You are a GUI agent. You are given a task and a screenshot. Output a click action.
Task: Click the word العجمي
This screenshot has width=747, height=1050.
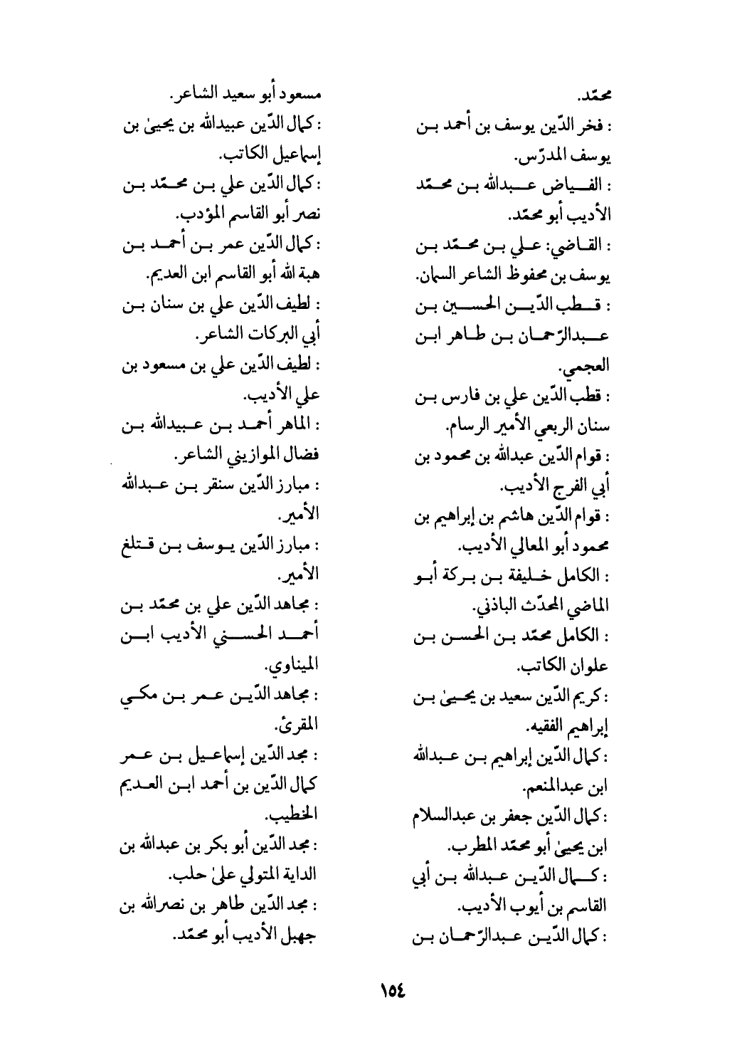coord(593,368)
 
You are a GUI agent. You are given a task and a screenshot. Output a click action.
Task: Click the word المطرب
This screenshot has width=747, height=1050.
coord(470,847)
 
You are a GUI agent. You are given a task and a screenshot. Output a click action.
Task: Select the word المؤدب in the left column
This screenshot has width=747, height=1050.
coord(196,214)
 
